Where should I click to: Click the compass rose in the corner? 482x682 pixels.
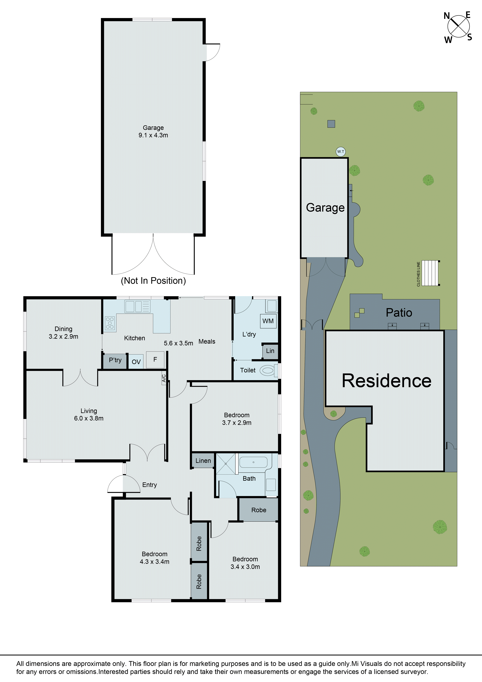(x=458, y=27)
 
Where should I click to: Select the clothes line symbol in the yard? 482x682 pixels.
(x=430, y=273)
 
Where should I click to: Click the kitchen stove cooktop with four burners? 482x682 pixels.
(x=110, y=323)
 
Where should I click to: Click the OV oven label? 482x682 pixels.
(x=136, y=362)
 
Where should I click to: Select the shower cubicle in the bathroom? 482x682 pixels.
(x=226, y=463)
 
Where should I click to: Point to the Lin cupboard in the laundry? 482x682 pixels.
(x=270, y=351)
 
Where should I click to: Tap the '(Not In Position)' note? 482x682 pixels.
(x=153, y=281)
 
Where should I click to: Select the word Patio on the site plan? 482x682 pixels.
(x=399, y=313)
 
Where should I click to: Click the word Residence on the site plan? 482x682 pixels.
(x=386, y=381)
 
